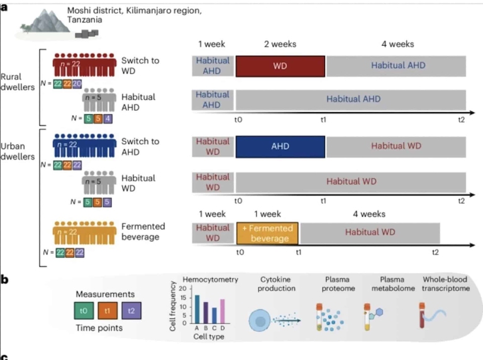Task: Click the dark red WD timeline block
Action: point(280,66)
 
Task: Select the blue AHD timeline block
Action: point(280,145)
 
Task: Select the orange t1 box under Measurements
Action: point(108,310)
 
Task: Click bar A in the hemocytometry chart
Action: point(197,309)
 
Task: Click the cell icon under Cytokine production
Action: point(261,319)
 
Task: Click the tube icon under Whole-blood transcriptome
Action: point(423,315)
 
